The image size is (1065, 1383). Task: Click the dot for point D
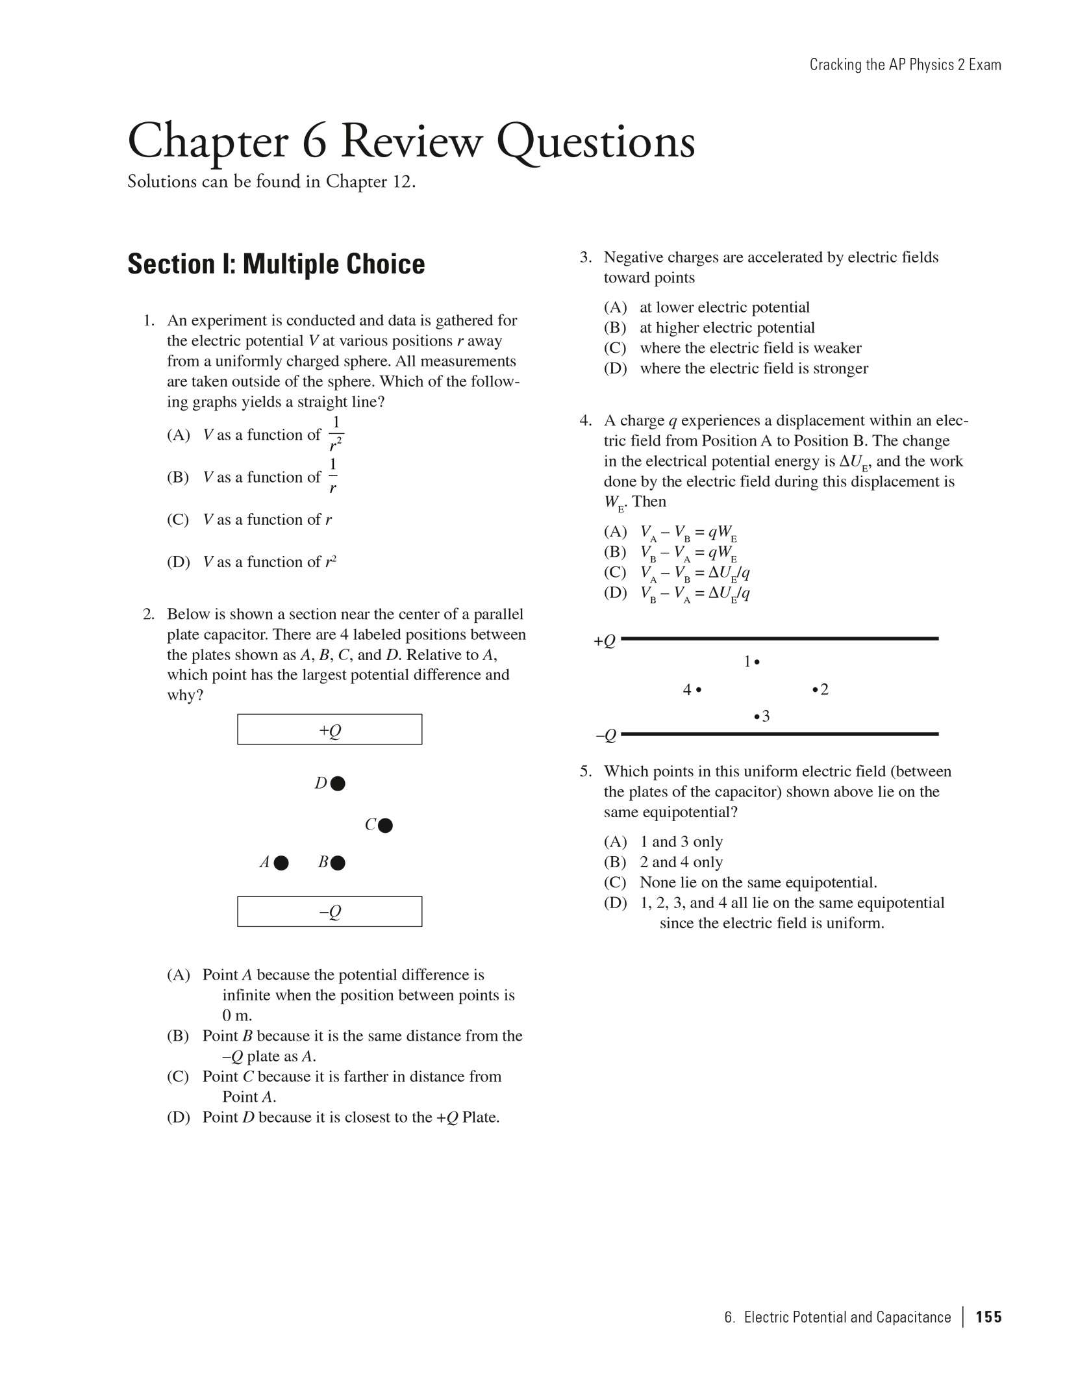point(338,783)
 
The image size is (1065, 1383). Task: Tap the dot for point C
point(385,826)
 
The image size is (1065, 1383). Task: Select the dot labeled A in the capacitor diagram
point(281,863)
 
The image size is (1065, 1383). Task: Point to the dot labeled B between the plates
point(338,863)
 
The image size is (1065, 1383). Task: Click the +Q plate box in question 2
point(329,730)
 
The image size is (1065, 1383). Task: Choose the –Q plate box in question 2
point(329,911)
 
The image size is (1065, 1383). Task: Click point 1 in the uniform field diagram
point(757,663)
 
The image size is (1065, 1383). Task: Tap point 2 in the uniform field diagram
point(815,690)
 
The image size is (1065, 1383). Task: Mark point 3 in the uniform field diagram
point(757,717)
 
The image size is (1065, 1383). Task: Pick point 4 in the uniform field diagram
point(699,690)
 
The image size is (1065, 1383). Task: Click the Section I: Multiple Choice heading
point(276,264)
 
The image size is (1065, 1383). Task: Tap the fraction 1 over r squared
point(336,434)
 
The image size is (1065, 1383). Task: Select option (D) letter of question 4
point(614,592)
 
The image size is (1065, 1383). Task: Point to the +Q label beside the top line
point(604,641)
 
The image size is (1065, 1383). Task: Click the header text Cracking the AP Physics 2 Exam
point(905,65)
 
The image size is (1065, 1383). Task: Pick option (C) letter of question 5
point(614,882)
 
